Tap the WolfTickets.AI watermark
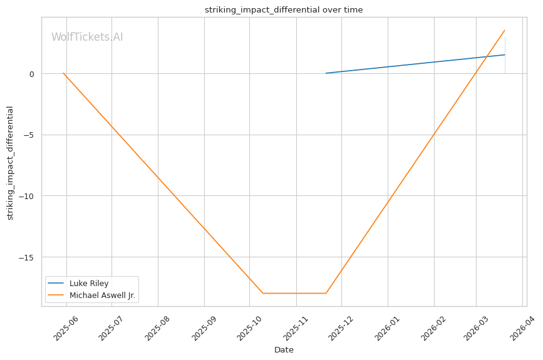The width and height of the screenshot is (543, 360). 87,37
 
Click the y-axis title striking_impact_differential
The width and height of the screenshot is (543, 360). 10,163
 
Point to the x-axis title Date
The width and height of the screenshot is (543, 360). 284,350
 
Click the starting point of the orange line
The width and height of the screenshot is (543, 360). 63,73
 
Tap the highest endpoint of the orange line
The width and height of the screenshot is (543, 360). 505,30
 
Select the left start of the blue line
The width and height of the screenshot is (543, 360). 326,73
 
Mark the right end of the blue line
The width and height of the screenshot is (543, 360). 505,54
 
